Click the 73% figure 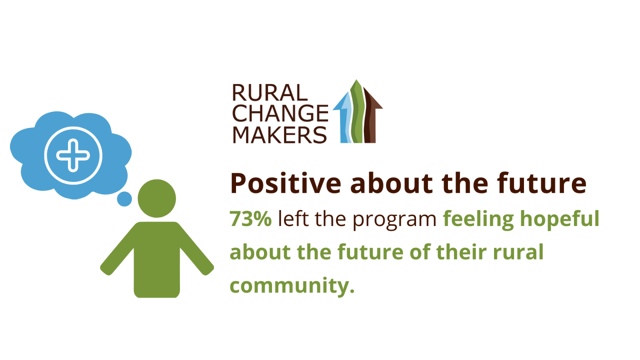(250, 219)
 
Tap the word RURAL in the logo (270, 93)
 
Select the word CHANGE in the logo (280, 114)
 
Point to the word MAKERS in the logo (280, 134)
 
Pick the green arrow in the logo (357, 112)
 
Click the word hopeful (560, 220)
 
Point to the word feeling (478, 220)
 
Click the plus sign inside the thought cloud (73, 156)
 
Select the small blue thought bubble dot (124, 199)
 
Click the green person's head (157, 198)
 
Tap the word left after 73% (293, 219)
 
